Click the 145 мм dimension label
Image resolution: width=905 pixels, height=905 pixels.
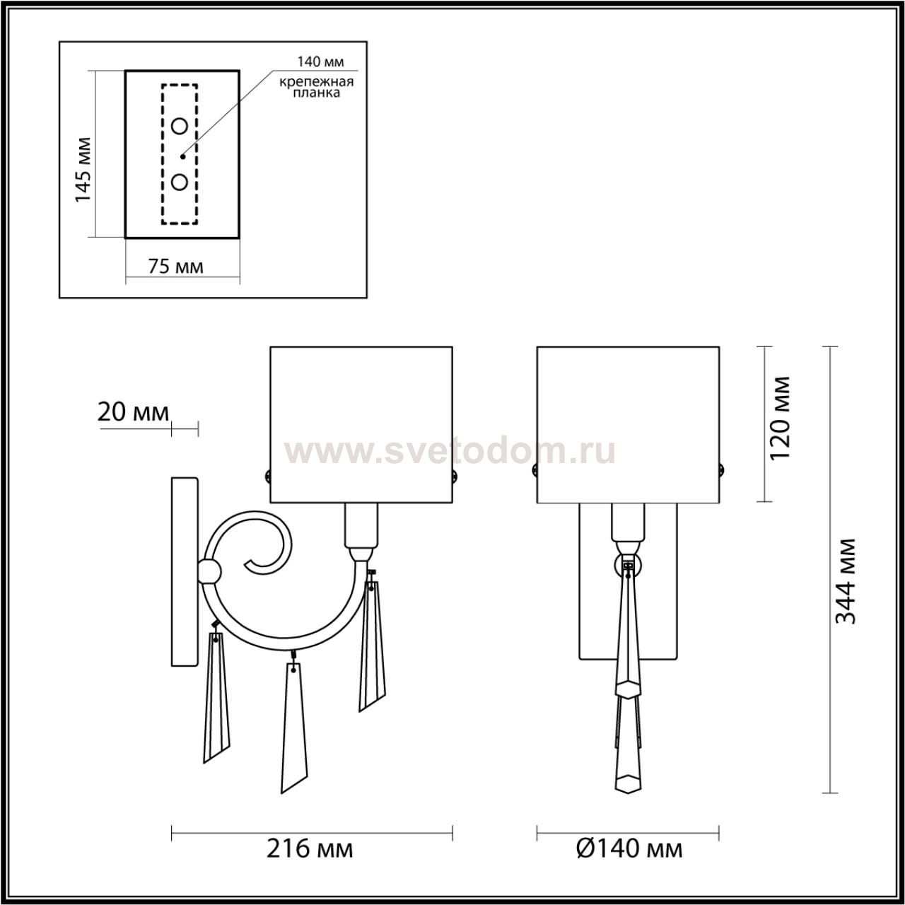click(x=83, y=170)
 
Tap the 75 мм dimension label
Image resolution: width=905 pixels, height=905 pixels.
click(x=175, y=267)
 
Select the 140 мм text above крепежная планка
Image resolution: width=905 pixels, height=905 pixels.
click(x=321, y=62)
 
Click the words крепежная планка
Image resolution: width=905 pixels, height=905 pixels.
click(x=317, y=88)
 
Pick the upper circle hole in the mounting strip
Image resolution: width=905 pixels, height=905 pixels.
click(x=180, y=126)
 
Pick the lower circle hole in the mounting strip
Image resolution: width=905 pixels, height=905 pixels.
click(x=180, y=182)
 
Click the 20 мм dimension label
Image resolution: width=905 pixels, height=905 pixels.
click(x=133, y=413)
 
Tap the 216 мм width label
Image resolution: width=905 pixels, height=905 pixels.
click(x=310, y=848)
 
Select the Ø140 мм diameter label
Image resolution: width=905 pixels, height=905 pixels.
click(x=630, y=848)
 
